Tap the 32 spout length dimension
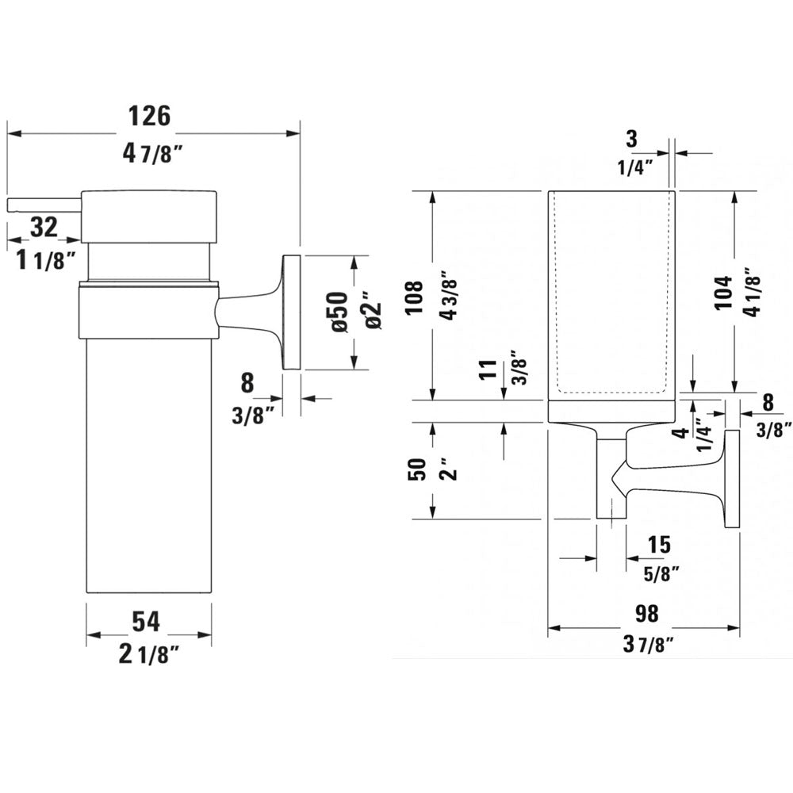coord(44,228)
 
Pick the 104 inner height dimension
coord(722,295)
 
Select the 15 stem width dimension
coord(659,545)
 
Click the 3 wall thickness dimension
coord(631,140)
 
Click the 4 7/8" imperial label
coord(153,154)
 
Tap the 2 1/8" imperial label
coord(148,655)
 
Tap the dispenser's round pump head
coord(149,215)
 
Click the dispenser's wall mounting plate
coord(291,312)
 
